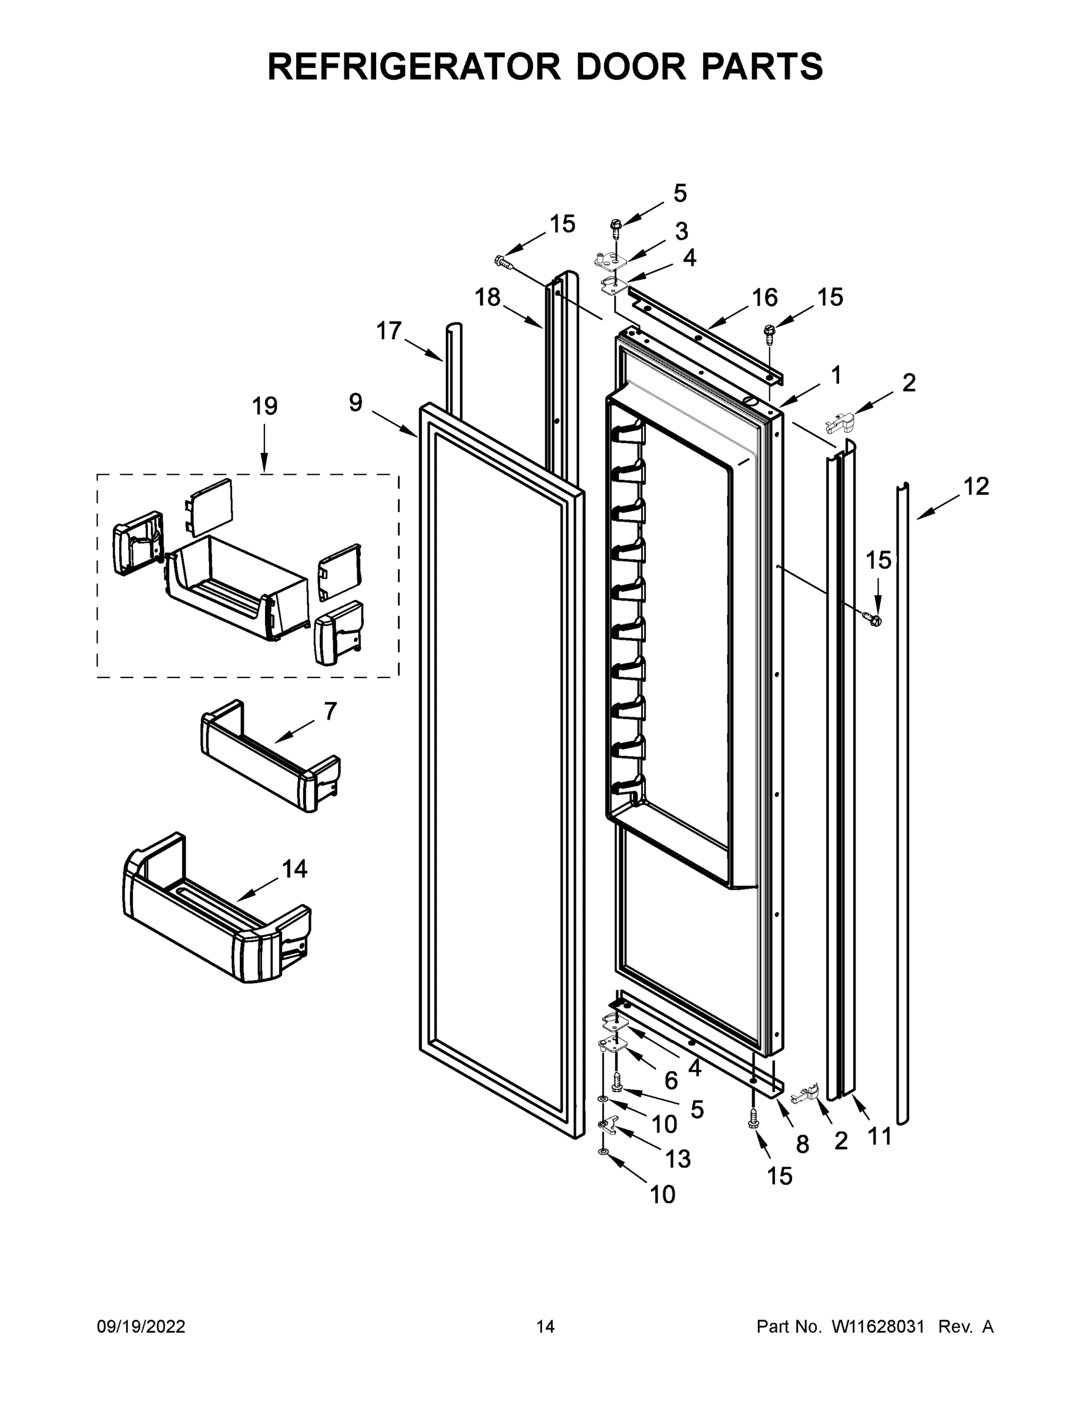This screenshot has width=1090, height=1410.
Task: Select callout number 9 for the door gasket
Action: (x=356, y=403)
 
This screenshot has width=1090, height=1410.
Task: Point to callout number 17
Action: (x=389, y=331)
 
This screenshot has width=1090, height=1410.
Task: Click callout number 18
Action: (x=488, y=298)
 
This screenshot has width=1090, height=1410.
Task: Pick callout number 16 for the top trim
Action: (x=764, y=298)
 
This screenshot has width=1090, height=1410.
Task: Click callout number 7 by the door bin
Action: (x=330, y=711)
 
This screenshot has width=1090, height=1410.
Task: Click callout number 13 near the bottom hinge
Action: (x=678, y=1159)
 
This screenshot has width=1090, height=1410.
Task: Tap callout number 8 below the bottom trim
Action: (x=802, y=1144)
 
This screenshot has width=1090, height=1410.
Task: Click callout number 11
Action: (x=880, y=1136)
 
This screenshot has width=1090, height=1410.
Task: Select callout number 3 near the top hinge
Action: (x=681, y=231)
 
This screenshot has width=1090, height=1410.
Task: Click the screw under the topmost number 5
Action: (x=615, y=226)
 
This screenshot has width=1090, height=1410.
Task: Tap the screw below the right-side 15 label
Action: (x=875, y=619)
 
